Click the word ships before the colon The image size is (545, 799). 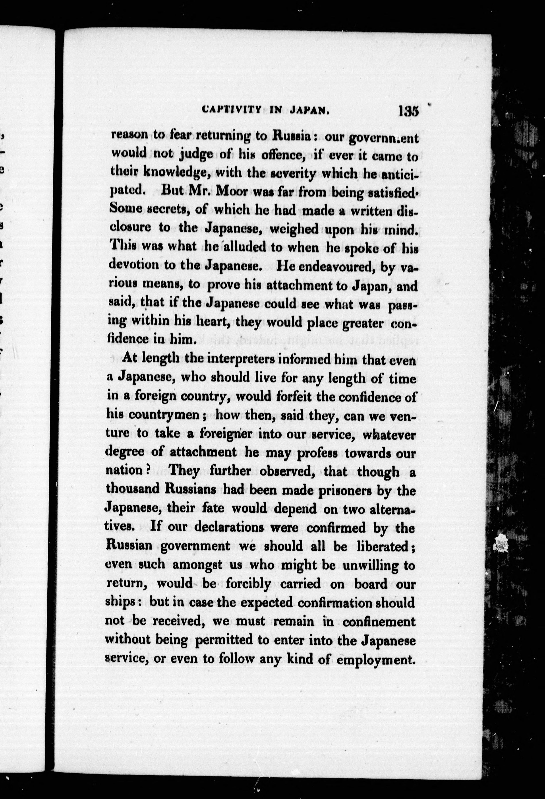(119, 602)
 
